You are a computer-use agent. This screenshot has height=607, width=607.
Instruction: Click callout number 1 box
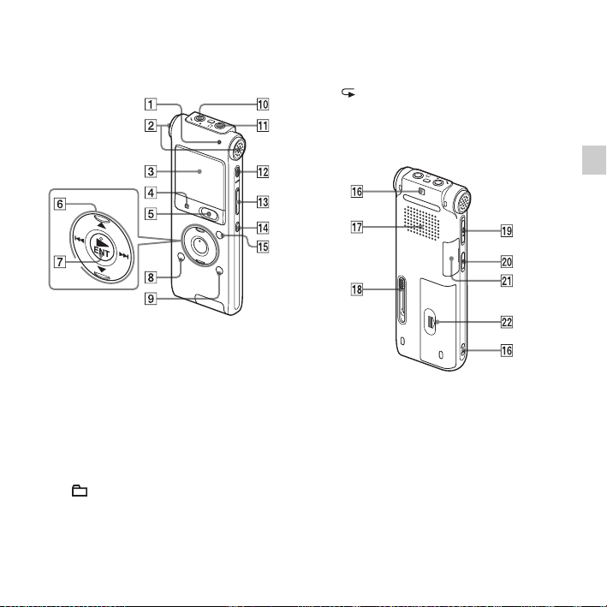151,104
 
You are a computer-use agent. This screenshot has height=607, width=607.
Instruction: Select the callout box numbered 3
151,171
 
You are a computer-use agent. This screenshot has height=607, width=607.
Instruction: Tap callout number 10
263,104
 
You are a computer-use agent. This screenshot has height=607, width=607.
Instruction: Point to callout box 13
263,202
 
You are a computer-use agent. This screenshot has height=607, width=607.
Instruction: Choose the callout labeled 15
263,247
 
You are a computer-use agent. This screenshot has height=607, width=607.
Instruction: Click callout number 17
357,227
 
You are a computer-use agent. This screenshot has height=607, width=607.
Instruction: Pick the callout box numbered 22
507,322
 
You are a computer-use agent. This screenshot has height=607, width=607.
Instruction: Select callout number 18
357,289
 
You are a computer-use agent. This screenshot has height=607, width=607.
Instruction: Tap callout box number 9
151,299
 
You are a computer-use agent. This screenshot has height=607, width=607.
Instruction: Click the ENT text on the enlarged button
102,253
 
